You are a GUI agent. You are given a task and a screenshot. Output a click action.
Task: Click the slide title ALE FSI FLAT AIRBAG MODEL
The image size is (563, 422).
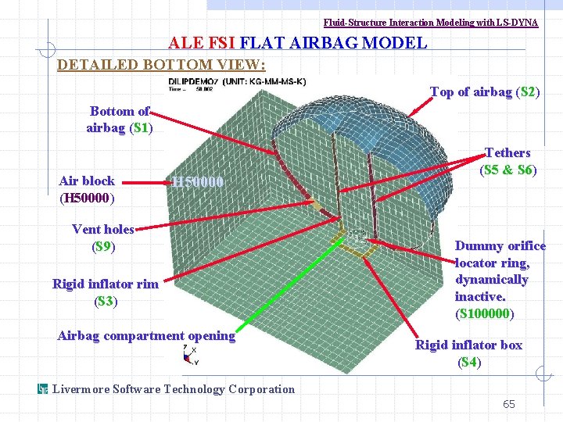(298, 43)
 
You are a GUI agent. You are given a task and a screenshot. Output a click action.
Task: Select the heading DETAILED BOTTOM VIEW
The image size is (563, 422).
(162, 64)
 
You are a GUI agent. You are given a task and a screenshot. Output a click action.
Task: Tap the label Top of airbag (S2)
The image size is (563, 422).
(485, 92)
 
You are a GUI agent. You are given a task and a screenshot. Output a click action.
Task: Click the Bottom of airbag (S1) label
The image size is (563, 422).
(119, 119)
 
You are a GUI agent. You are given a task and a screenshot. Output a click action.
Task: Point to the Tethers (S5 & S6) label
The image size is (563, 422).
(507, 160)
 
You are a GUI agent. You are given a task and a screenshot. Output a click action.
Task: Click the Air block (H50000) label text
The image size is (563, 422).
(87, 189)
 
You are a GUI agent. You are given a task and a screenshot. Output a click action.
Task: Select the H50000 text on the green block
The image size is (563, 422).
(199, 182)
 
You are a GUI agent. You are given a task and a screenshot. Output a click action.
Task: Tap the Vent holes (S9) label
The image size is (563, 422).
(103, 238)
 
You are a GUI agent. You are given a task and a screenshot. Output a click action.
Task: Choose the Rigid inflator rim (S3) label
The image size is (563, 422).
(105, 291)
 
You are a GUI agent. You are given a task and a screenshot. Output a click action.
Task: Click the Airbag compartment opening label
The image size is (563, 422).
(146, 335)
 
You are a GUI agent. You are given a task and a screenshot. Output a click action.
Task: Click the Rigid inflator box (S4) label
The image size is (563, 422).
(468, 353)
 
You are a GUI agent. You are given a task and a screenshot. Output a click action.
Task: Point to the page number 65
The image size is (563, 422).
(509, 404)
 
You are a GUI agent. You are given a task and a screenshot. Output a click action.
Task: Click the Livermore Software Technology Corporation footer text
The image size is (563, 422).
(174, 389)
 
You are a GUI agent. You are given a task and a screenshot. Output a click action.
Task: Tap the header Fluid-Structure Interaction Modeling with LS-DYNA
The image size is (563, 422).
(431, 23)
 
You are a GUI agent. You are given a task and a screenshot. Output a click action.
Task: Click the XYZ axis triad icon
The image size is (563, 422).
(189, 356)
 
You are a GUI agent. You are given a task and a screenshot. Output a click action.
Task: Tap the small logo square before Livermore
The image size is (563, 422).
(44, 389)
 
